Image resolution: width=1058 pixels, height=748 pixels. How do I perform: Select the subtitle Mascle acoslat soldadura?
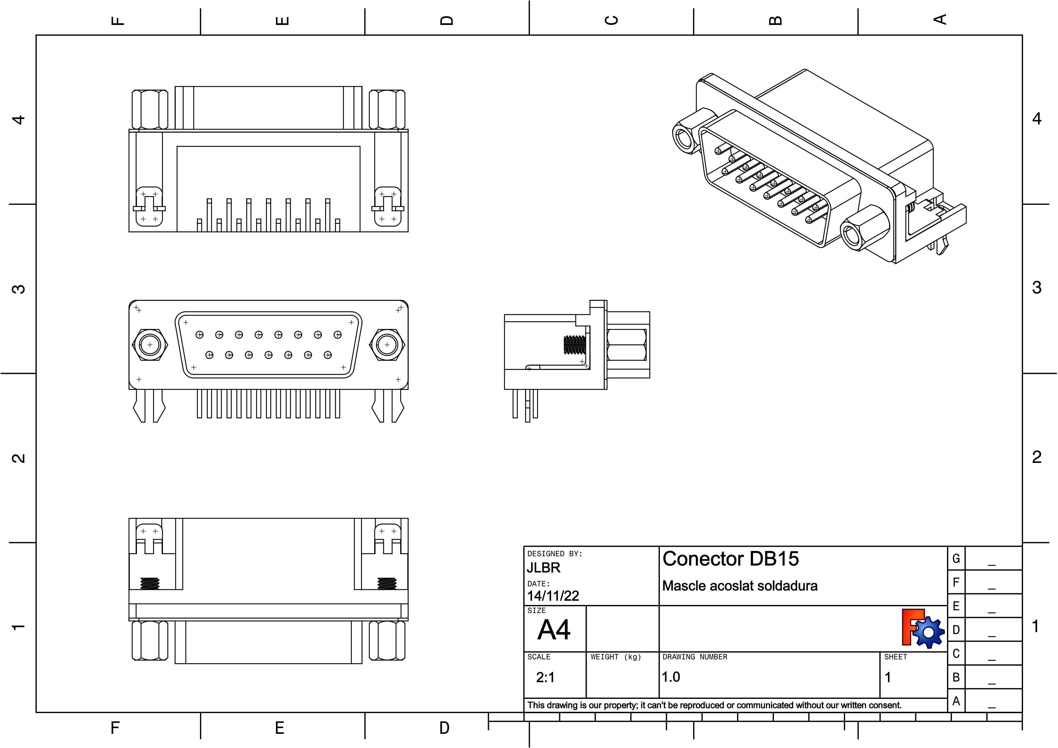(740, 586)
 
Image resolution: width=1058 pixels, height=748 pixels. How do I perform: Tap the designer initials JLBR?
(544, 568)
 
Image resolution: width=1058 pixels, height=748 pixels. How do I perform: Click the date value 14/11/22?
(553, 596)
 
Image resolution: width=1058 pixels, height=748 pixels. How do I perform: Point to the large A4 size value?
(554, 630)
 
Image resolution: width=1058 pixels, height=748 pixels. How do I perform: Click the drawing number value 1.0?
(671, 677)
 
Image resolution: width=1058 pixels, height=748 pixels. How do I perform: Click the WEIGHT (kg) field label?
(616, 657)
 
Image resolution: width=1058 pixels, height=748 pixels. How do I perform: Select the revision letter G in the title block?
(956, 559)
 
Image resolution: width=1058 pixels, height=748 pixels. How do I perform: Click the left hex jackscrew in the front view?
(150, 345)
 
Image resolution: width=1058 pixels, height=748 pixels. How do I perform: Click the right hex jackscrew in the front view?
(387, 345)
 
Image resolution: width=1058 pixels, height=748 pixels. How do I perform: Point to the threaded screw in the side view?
(575, 345)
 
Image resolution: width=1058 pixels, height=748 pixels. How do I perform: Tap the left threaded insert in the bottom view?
(150, 584)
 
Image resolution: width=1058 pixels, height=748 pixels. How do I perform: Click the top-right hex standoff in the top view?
(387, 110)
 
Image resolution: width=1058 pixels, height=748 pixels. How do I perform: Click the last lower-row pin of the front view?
(328, 355)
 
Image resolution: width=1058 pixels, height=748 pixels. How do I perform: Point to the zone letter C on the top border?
(611, 20)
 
